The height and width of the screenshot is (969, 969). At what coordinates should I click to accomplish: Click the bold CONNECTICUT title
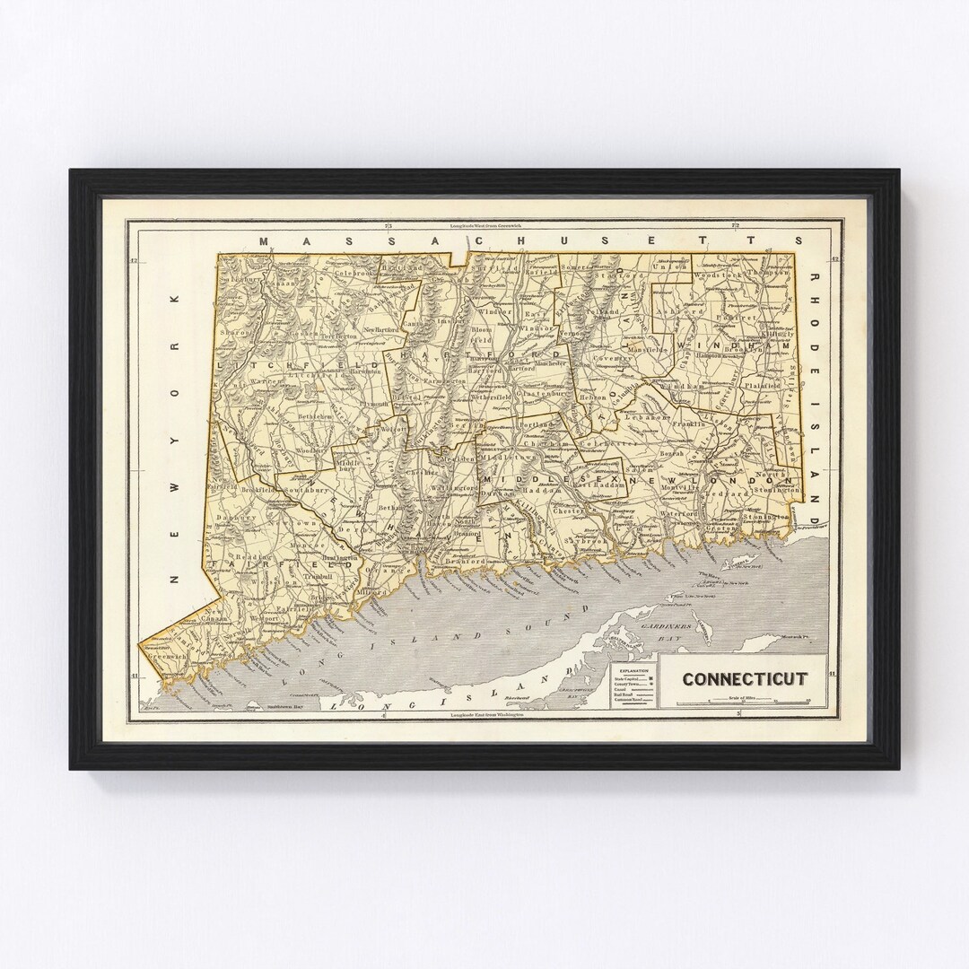tap(744, 679)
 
